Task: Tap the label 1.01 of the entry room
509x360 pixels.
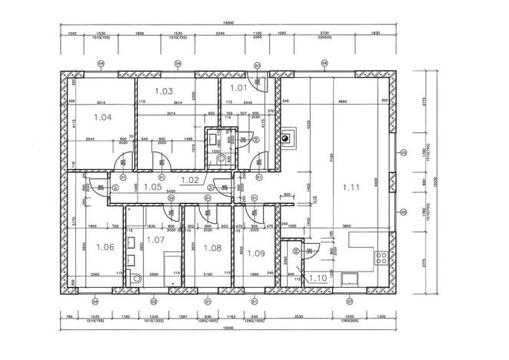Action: click(238, 88)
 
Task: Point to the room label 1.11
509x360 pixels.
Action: click(351, 187)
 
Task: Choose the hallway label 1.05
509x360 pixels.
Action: click(151, 186)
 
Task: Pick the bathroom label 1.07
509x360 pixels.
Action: click(156, 241)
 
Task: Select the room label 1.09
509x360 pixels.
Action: click(255, 253)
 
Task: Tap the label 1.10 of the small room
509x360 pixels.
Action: click(318, 278)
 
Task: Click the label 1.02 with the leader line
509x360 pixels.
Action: click(190, 179)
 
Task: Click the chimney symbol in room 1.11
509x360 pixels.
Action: click(288, 138)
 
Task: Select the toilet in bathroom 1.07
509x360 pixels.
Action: click(135, 278)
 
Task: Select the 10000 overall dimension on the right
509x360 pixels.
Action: click(434, 182)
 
